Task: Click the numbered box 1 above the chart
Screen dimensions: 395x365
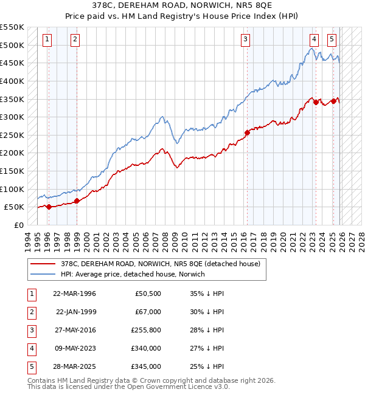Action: [x=47, y=39]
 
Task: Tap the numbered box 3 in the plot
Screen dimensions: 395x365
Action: [x=245, y=39]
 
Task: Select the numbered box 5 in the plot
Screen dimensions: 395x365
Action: [x=332, y=39]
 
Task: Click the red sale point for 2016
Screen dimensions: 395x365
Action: [x=247, y=132]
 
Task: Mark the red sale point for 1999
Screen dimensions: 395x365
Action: [x=77, y=201]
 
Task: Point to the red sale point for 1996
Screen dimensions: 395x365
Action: [x=49, y=207]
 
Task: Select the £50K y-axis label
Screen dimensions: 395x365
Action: [x=14, y=207]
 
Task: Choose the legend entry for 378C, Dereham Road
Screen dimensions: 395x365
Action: [x=161, y=264]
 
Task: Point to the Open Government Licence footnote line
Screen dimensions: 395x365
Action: [x=129, y=386]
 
